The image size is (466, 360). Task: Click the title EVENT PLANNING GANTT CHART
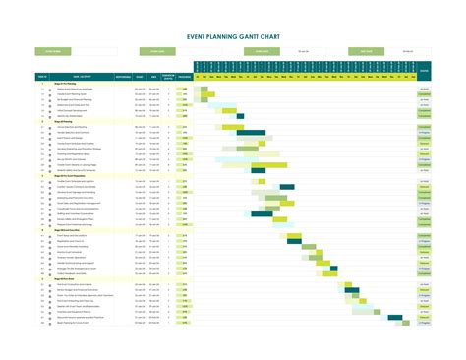click(232, 34)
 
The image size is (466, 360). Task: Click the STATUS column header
click(424, 71)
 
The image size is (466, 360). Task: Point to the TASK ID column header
click(43, 76)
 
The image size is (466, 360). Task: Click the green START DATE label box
click(158, 51)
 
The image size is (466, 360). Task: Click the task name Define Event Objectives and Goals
click(79, 89)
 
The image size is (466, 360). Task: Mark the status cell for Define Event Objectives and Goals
click(424, 89)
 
